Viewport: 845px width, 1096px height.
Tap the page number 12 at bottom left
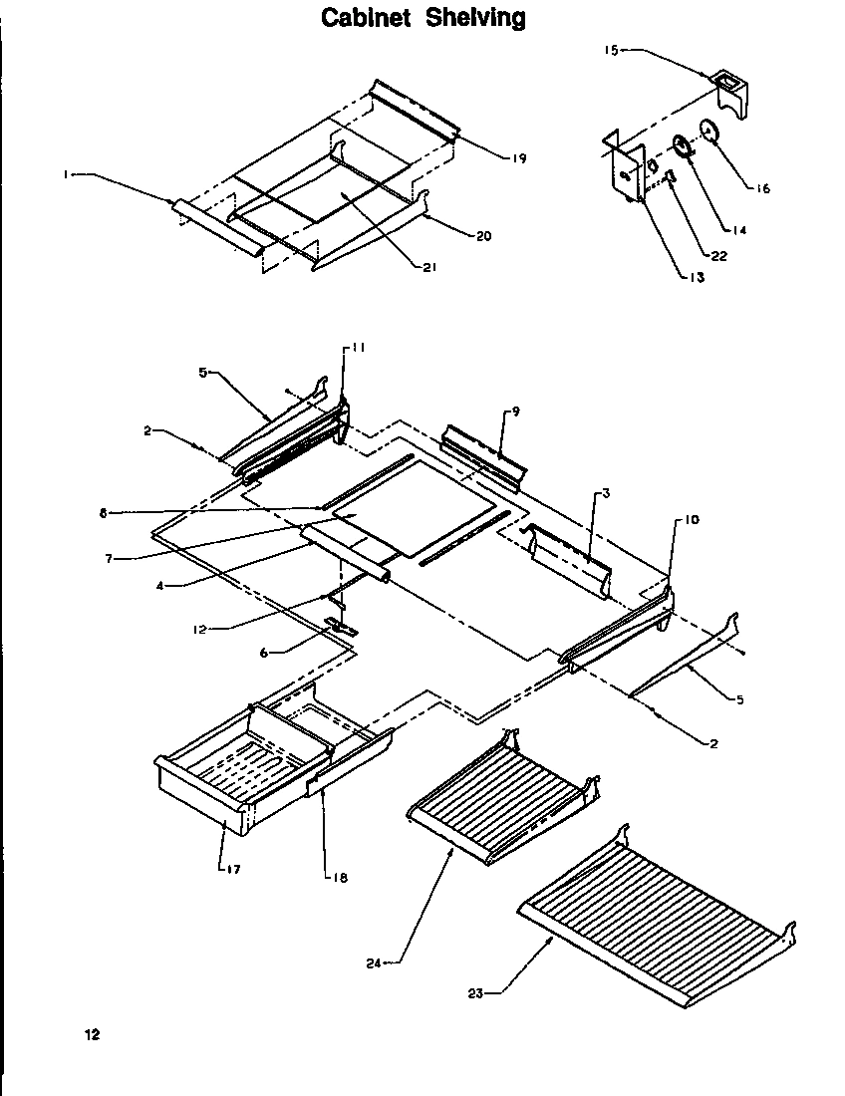coord(92,1034)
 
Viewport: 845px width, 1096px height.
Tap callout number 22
coord(718,255)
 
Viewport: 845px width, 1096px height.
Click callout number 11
coord(358,348)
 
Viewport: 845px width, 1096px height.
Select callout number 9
coord(515,411)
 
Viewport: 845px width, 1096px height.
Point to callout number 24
coord(374,963)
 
